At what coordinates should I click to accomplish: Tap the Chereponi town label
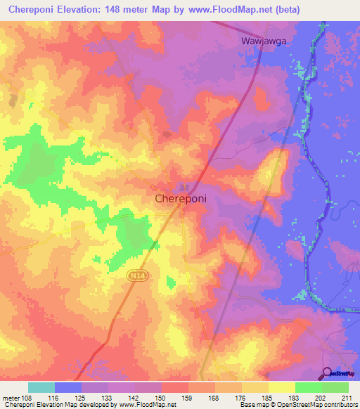click(x=180, y=199)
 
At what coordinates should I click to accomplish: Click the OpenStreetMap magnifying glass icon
click(x=328, y=374)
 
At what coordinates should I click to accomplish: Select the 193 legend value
click(x=295, y=398)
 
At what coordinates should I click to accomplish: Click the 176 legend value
click(x=241, y=398)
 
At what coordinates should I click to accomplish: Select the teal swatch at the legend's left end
click(x=41, y=387)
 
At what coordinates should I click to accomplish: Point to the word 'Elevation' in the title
click(x=75, y=9)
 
